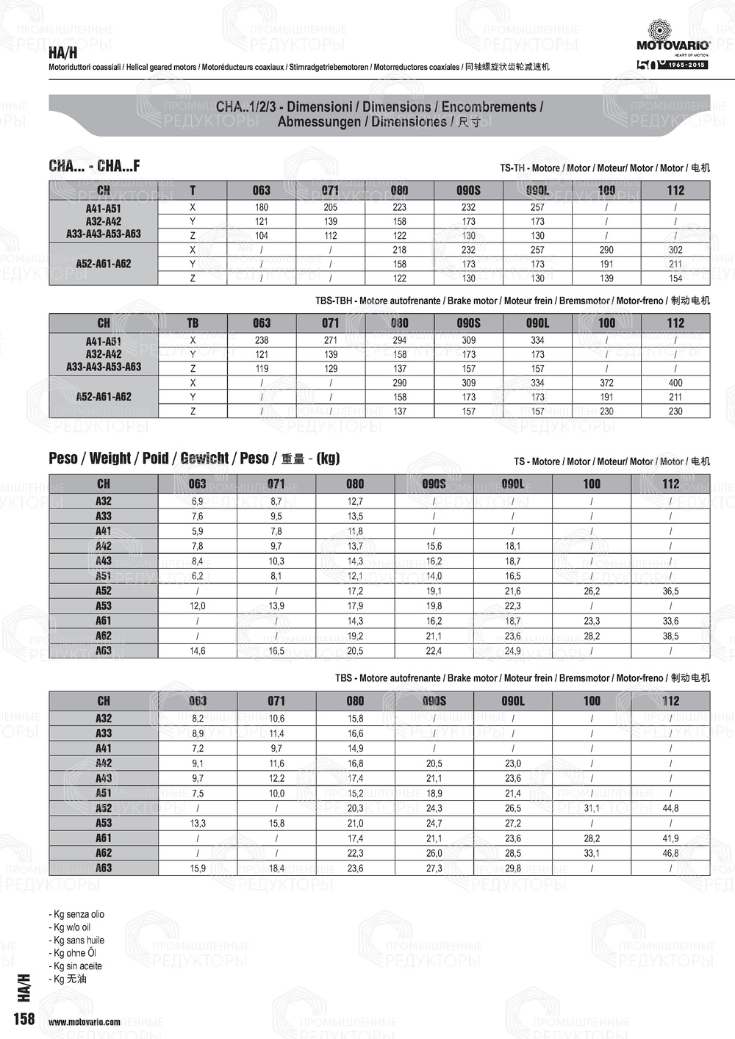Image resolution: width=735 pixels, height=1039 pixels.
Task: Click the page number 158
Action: (24, 1018)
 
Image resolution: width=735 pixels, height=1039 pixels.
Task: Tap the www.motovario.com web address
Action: (85, 1022)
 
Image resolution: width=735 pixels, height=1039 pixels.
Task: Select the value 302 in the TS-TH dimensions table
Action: (675, 250)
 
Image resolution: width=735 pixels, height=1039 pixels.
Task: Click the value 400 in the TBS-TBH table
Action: (675, 383)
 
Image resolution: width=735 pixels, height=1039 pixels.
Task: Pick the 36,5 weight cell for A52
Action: (670, 591)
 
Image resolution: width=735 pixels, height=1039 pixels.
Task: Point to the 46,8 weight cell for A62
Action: (670, 853)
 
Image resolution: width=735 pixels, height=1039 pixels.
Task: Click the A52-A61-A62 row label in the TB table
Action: (104, 397)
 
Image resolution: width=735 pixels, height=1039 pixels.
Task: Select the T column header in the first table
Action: (193, 190)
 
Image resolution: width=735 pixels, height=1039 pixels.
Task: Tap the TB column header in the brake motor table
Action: (193, 323)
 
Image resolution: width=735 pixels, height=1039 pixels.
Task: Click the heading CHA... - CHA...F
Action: (94, 166)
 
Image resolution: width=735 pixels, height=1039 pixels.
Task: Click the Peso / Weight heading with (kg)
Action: (194, 459)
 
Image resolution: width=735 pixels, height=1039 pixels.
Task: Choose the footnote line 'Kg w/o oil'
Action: (72, 927)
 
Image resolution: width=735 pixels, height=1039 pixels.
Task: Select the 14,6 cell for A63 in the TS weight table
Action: (198, 651)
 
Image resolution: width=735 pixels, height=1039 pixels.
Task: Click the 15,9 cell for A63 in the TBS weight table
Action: (198, 869)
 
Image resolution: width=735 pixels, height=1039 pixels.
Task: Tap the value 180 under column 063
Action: (262, 207)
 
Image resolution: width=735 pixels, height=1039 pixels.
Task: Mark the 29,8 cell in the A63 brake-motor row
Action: (513, 869)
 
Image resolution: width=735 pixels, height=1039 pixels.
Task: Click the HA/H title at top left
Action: (62, 53)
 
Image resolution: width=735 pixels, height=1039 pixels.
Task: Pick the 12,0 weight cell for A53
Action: (198, 606)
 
